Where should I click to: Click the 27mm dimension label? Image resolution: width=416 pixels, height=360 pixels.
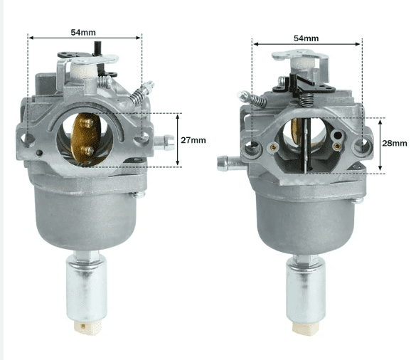pyautogui.click(x=193, y=140)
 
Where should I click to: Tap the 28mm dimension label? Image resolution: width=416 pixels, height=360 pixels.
pyautogui.click(x=395, y=143)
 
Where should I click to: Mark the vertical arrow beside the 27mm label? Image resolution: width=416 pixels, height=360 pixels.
pyautogui.click(x=176, y=139)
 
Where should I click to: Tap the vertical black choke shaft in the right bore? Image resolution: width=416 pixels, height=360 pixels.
pyautogui.click(x=304, y=142)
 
